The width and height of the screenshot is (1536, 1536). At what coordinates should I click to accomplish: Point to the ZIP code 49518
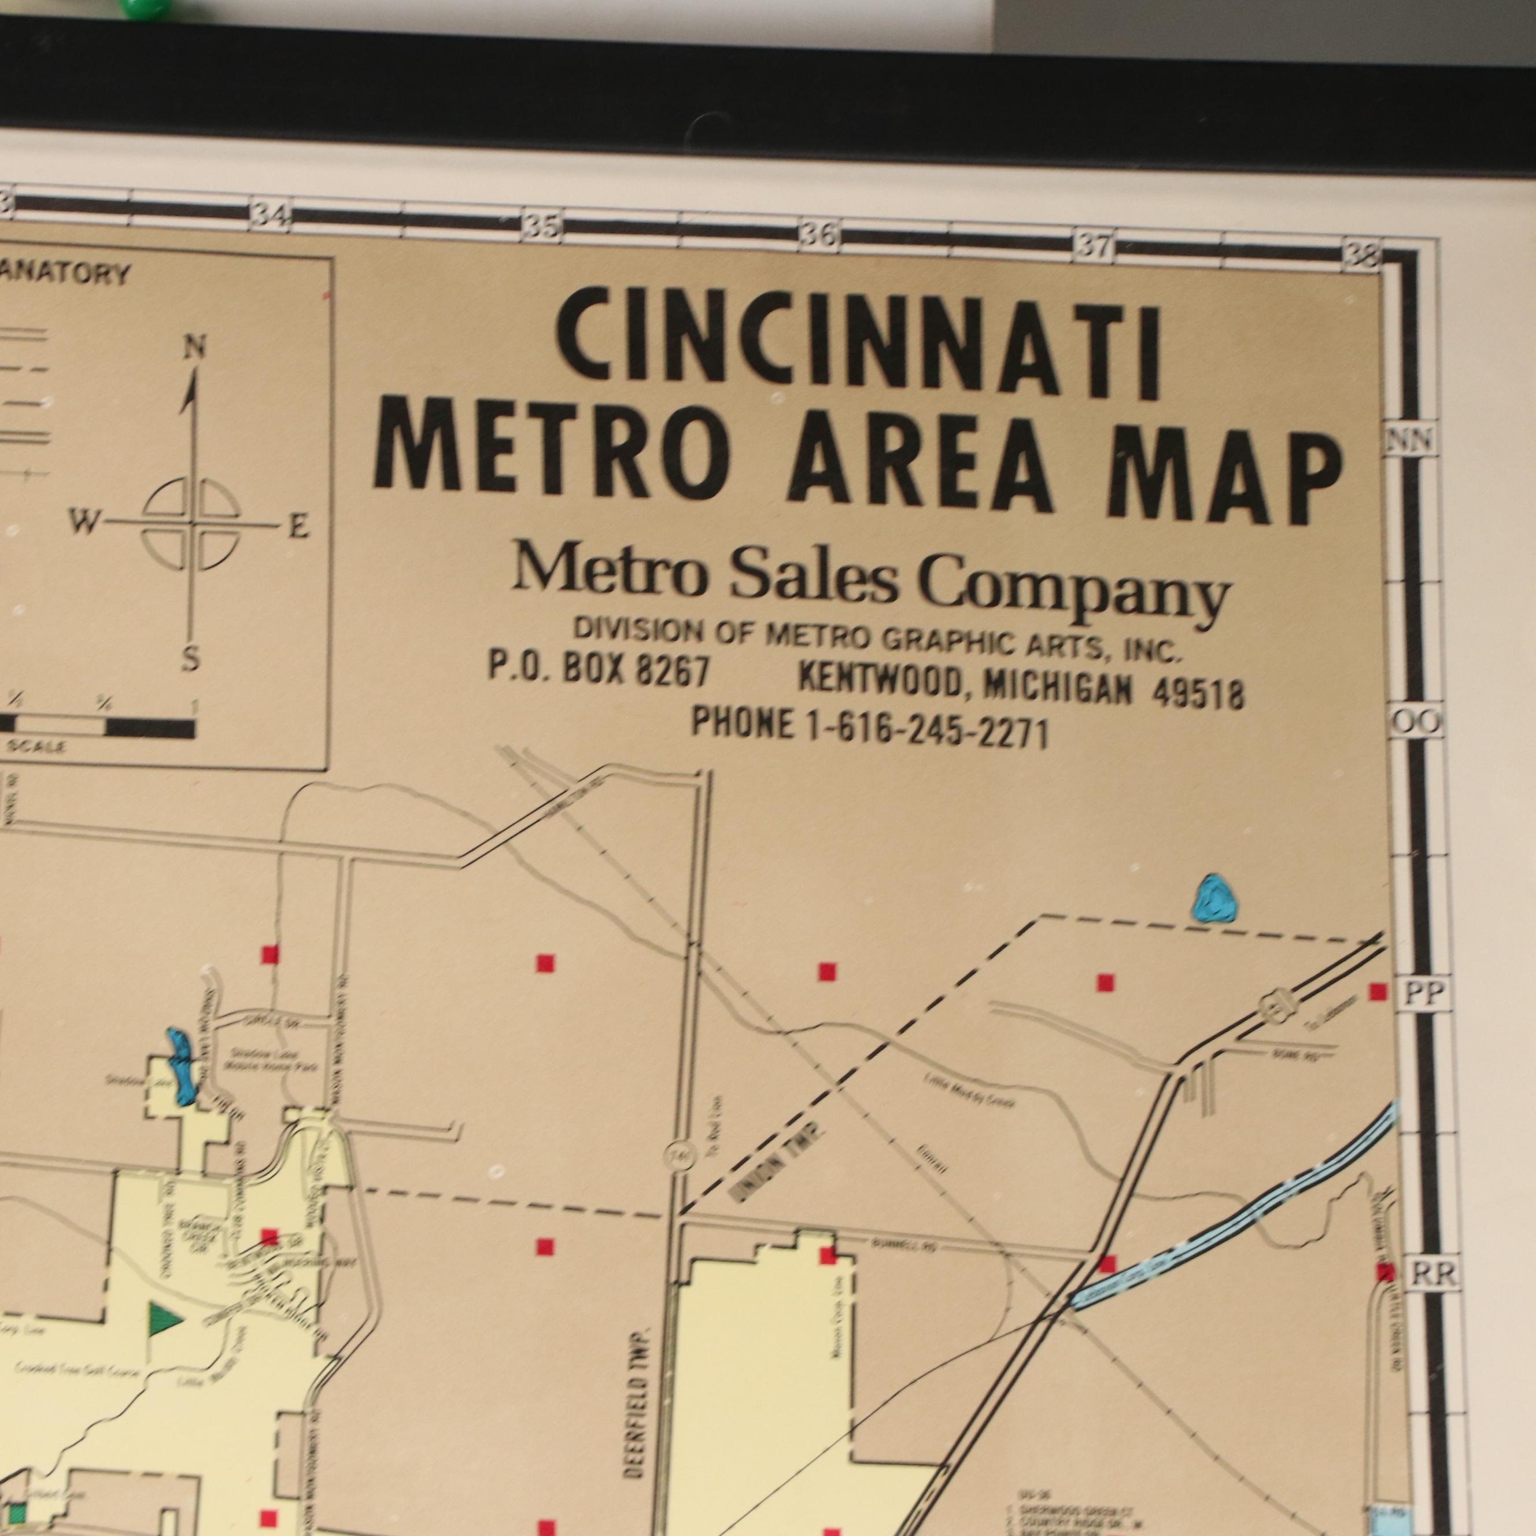click(1199, 694)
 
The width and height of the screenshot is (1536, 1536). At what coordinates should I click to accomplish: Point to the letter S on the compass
click(190, 658)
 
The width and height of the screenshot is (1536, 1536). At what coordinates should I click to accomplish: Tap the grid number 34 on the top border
click(269, 216)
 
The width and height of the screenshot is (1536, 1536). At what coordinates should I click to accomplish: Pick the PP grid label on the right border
click(1423, 994)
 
